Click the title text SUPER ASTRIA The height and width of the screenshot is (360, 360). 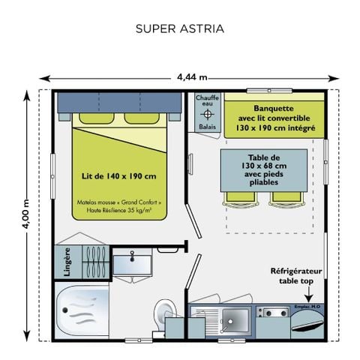click(x=180, y=29)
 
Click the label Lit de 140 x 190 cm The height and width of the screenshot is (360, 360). click(x=118, y=176)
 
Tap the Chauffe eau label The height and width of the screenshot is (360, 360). click(x=207, y=101)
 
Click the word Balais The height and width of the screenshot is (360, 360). click(x=207, y=127)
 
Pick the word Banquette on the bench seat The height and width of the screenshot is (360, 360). click(x=274, y=108)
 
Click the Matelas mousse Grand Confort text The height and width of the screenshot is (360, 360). click(x=118, y=202)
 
